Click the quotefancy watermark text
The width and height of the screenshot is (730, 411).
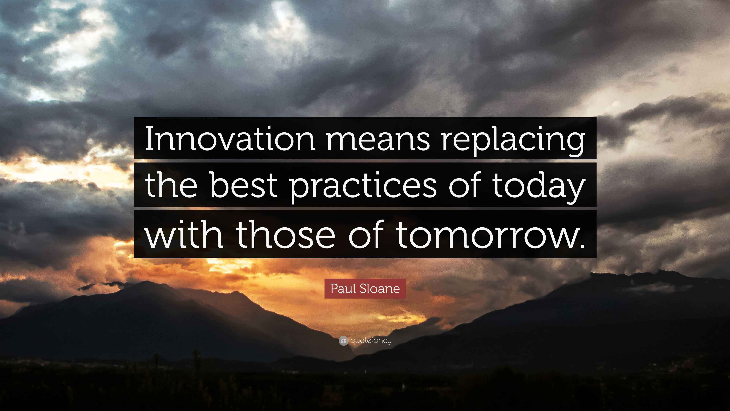click(x=371, y=341)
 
